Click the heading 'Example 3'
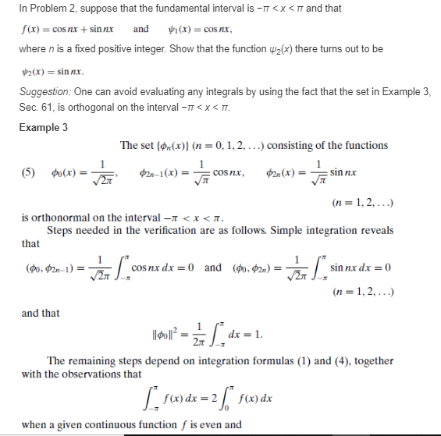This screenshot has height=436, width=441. (43, 127)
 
